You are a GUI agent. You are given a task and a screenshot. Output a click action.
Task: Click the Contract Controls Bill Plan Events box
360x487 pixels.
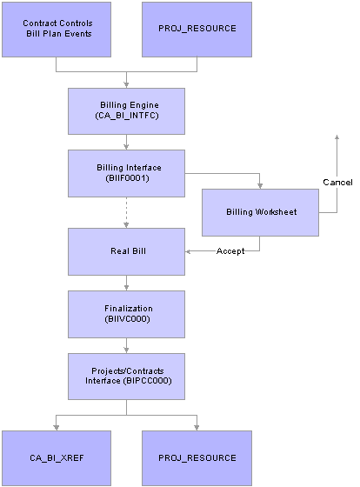56,29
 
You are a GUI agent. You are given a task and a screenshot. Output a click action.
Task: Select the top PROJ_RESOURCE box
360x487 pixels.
197,29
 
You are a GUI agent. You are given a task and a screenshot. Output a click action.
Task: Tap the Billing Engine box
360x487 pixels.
127,110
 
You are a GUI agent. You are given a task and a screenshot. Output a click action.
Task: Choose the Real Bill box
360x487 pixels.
127,250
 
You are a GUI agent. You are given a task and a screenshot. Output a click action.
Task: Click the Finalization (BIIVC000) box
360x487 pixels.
127,313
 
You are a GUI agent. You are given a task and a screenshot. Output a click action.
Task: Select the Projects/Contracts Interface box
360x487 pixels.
127,376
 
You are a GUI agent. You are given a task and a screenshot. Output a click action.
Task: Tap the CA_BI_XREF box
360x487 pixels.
56,457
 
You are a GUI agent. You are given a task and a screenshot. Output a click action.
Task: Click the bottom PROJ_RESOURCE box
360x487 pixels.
197,457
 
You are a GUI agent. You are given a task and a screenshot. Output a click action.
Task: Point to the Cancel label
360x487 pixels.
337,183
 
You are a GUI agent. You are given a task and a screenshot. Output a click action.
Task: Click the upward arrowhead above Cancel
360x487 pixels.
337,138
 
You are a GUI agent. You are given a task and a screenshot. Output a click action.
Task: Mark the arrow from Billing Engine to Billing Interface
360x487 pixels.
127,142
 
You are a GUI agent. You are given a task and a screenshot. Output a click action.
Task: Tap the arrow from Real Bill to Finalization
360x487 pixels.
127,282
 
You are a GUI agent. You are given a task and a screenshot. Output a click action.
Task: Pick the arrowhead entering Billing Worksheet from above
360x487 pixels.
258,183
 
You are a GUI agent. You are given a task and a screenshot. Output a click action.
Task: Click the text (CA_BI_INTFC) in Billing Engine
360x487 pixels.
127,117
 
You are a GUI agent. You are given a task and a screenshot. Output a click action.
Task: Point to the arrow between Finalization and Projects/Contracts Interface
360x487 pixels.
127,344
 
